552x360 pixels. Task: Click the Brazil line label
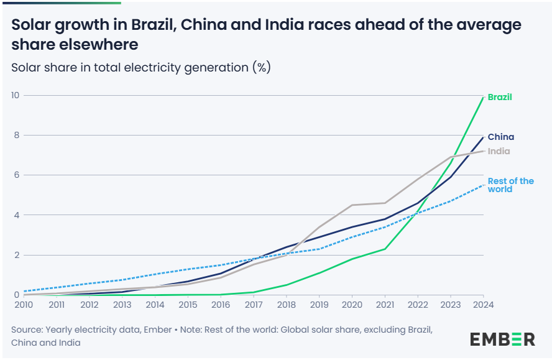(x=500, y=97)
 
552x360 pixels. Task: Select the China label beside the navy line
(x=500, y=137)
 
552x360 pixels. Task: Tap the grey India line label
(x=499, y=151)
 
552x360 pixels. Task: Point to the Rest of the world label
(x=510, y=185)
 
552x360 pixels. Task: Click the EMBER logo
(x=502, y=339)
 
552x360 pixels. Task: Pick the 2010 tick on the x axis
(x=24, y=305)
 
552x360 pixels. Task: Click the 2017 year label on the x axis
(x=253, y=305)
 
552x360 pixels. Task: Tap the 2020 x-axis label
(x=352, y=305)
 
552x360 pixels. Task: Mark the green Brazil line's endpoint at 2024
(x=483, y=97)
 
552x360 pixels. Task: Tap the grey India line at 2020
(x=352, y=205)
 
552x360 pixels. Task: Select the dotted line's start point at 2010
(x=24, y=291)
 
